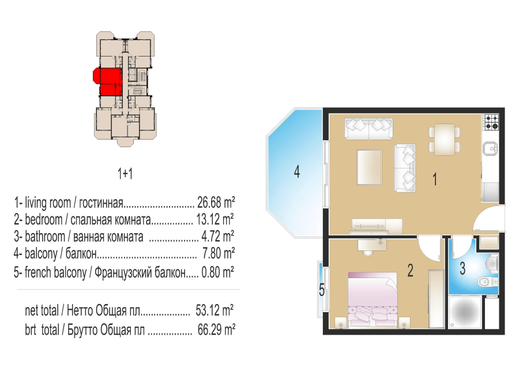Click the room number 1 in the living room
click(435, 179)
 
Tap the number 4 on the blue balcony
click(297, 172)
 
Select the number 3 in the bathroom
click(462, 268)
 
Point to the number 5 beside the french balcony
click(322, 290)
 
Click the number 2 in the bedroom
click(410, 270)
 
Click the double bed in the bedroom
click(373, 299)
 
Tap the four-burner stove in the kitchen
click(491, 122)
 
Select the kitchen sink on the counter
click(490, 148)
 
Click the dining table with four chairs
click(445, 140)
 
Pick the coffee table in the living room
click(370, 167)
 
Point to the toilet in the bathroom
click(488, 282)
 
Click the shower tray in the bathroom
click(465, 312)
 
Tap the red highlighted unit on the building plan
click(107, 81)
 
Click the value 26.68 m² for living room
click(216, 202)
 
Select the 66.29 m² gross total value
click(216, 329)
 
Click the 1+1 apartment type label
click(125, 174)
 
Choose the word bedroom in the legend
click(44, 219)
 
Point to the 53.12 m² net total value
click(215, 310)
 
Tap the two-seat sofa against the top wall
click(368, 129)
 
